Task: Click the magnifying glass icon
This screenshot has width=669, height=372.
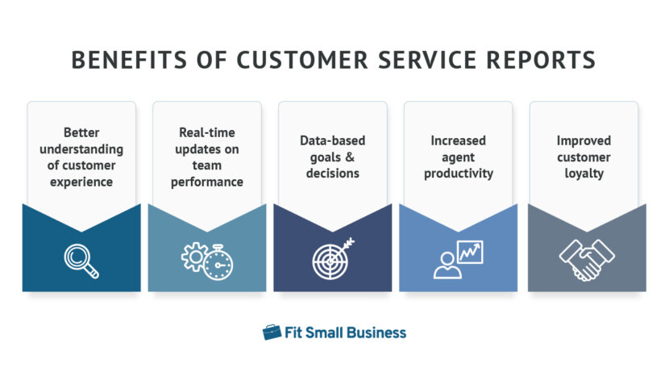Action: coord(81,260)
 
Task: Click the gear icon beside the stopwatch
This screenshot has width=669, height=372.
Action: coord(194,257)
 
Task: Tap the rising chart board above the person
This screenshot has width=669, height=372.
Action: coord(469,252)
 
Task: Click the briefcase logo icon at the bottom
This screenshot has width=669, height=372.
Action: coord(272,332)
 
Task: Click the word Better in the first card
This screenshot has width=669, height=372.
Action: coord(81,132)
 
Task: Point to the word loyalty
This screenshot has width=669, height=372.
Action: coord(583,173)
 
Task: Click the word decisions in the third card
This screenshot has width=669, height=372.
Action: coord(332,173)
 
